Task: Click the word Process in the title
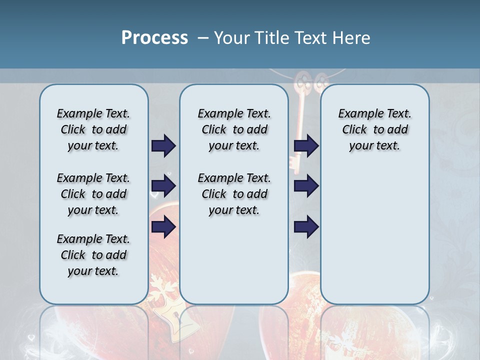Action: (x=154, y=38)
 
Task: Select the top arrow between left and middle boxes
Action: (x=163, y=146)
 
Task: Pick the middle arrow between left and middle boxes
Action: (x=163, y=186)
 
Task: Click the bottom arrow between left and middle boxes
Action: (x=163, y=227)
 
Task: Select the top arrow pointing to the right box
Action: (x=306, y=146)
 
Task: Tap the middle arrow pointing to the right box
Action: (x=306, y=186)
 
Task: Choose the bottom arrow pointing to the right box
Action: (x=306, y=227)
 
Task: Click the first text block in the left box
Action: (x=93, y=129)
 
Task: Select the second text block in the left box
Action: (x=93, y=194)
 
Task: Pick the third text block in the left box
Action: (x=93, y=255)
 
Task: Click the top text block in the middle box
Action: (x=234, y=129)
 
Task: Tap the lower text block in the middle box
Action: (x=234, y=194)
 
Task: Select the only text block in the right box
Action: (x=374, y=129)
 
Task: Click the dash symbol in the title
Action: (x=203, y=38)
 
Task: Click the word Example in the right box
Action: (x=357, y=113)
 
